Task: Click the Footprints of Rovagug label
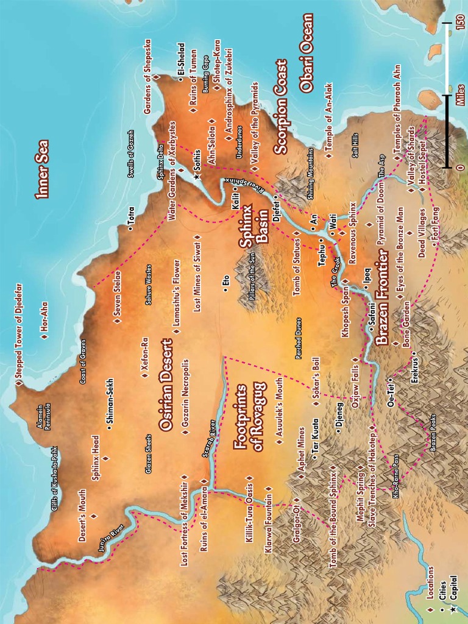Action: (x=249, y=417)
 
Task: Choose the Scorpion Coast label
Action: (x=281, y=106)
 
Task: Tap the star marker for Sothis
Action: (x=196, y=176)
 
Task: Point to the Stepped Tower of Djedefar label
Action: (x=19, y=335)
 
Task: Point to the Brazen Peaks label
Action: (x=433, y=433)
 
